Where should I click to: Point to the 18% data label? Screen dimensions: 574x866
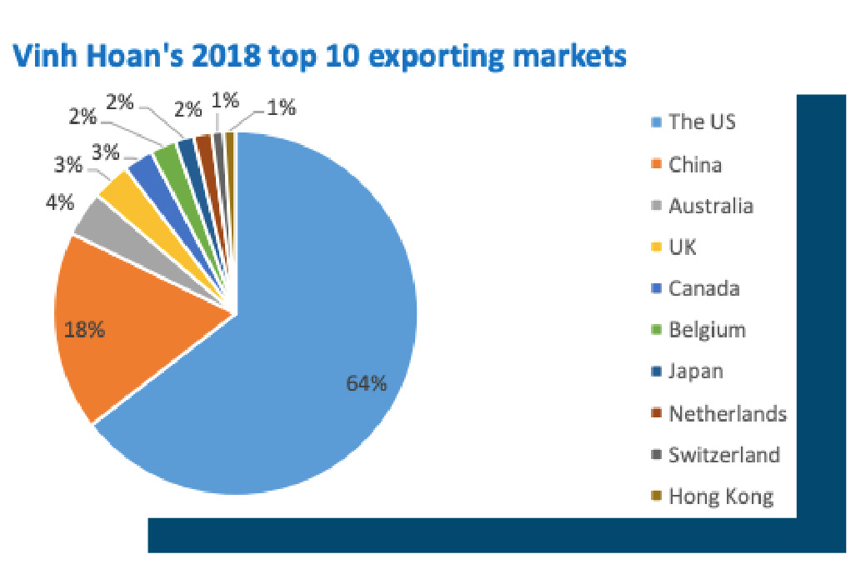click(85, 330)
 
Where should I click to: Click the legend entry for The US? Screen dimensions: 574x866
click(702, 122)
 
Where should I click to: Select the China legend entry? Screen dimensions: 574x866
click(695, 164)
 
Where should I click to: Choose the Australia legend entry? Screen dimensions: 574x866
click(710, 206)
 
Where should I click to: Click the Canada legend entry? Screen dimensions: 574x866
click(703, 289)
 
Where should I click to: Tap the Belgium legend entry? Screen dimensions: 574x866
click(707, 330)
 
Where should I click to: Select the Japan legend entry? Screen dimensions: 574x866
click(696, 372)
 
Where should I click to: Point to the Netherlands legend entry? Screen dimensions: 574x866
click(727, 413)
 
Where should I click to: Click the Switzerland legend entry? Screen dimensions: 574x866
click(723, 455)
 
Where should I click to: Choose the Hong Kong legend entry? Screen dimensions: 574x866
click(721, 497)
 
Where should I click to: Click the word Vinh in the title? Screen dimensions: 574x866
click(42, 57)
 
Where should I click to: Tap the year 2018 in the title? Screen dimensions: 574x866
click(240, 57)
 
